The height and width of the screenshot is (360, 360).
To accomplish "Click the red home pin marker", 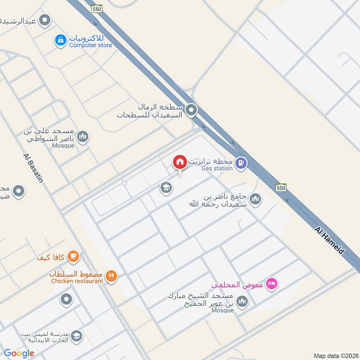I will coord(180,162).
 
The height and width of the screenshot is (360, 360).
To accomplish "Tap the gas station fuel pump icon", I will coord(241,163).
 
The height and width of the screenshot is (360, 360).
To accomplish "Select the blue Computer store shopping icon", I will coord(60,40).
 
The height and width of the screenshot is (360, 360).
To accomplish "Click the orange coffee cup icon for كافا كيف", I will coord(73,257).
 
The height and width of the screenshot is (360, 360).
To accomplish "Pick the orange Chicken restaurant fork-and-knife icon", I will coord(112,276).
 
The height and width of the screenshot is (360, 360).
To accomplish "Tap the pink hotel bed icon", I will coord(272,283).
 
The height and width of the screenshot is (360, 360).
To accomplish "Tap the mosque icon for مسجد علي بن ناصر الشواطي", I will coord(82,136).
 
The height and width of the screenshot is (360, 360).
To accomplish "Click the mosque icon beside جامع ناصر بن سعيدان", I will coord(255,198).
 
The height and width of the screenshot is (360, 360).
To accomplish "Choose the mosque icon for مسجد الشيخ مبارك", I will coord(242,301).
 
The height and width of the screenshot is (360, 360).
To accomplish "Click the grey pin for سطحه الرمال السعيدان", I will coord(192,110).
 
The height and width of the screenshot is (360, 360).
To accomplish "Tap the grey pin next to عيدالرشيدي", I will coord(45,20).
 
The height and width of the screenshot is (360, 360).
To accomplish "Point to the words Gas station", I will coord(217,168).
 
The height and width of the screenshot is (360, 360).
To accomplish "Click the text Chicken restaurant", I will coord(77,281).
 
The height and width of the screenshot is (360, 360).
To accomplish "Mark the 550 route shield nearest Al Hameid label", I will coord(281,187).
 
